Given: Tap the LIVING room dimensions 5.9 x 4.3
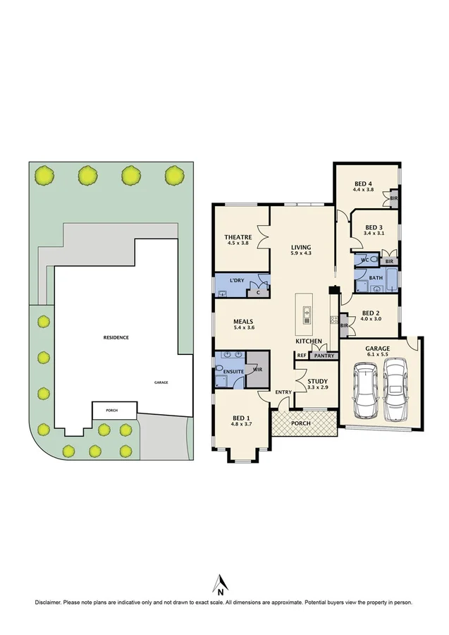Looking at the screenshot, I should [x=301, y=253].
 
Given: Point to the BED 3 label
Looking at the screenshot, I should [x=373, y=226].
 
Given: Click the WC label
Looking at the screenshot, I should [x=364, y=260].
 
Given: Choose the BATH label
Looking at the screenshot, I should [x=375, y=278].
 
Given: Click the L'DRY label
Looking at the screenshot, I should [x=237, y=281].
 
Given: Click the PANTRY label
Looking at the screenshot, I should [x=324, y=356].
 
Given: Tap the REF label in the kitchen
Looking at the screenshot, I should [x=301, y=355].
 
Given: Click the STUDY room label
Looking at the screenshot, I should [x=317, y=381].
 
